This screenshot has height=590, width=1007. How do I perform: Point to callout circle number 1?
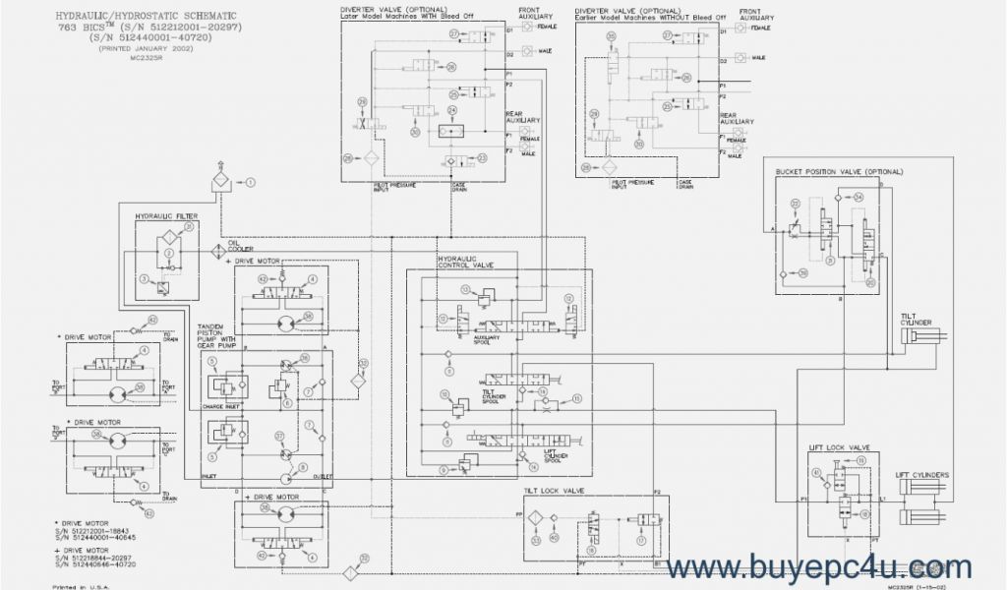pos(250,182)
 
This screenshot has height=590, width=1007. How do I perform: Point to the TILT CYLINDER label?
pos(916,319)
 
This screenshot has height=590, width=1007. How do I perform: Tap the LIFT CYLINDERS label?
pos(922,475)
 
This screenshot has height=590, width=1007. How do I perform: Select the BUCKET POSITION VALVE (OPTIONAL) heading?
pos(838,171)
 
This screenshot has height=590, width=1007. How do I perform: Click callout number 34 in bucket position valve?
pos(859,197)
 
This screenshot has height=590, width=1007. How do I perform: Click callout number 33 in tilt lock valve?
pos(536,539)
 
